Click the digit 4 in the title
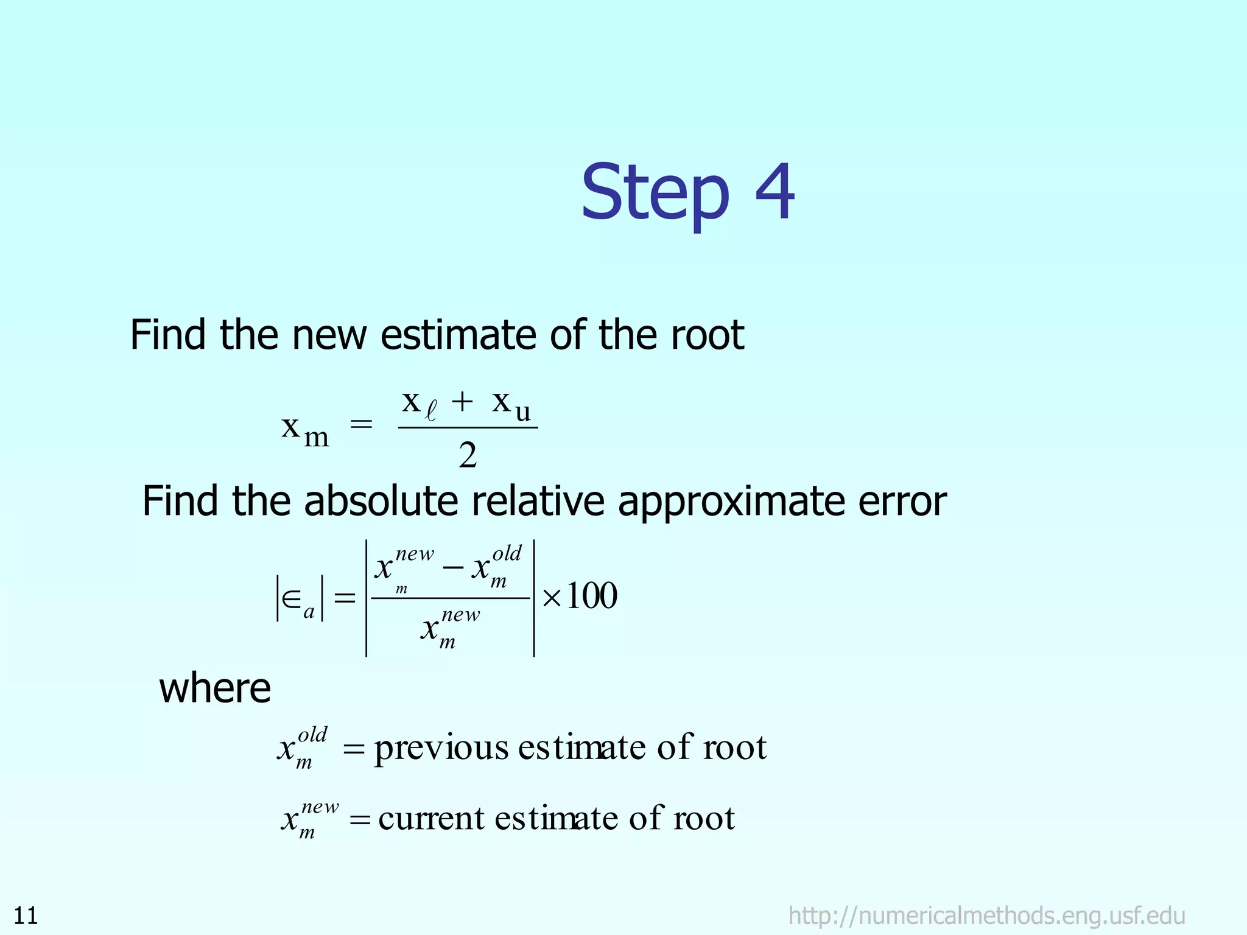(x=775, y=192)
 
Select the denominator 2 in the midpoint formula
(x=468, y=456)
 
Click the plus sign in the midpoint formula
(x=462, y=402)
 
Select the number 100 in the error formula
(x=591, y=596)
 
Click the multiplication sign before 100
(x=551, y=597)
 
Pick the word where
(x=215, y=688)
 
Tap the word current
(x=431, y=819)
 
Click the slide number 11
(x=26, y=916)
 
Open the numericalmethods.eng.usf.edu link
(x=986, y=916)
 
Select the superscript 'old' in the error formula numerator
(x=507, y=553)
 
